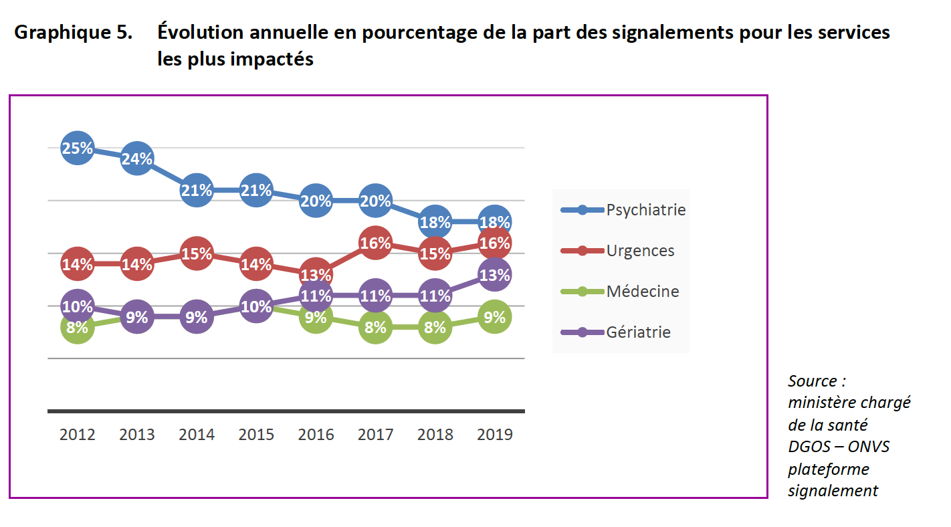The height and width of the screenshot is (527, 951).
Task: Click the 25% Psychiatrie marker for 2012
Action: click(78, 148)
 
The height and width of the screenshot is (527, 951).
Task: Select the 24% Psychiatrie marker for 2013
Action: click(137, 159)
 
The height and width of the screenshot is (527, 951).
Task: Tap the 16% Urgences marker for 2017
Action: click(375, 243)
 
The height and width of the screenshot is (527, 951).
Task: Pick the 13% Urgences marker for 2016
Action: click(316, 275)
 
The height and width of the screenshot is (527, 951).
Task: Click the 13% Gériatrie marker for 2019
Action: click(494, 274)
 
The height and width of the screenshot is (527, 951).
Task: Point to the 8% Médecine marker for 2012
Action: click(78, 328)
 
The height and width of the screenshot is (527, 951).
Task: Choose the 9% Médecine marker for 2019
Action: click(494, 317)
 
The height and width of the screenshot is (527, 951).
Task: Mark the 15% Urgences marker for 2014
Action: click(197, 253)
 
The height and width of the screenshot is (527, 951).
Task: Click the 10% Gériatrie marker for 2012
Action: click(78, 306)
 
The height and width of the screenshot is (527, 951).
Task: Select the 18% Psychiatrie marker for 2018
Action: click(435, 222)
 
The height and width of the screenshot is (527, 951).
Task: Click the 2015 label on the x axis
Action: click(256, 435)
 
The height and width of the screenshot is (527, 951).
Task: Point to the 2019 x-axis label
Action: click(494, 435)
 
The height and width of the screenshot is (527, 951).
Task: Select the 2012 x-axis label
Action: click(78, 435)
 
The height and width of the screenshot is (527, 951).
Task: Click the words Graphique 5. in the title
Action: click(74, 32)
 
